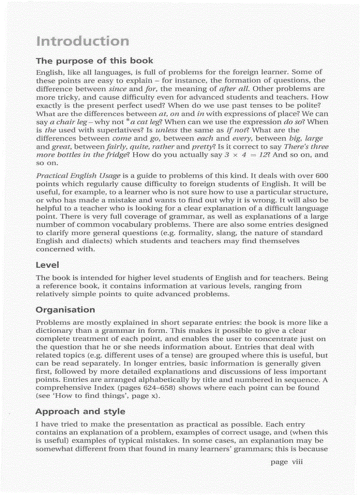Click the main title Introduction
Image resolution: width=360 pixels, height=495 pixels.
click(x=82, y=41)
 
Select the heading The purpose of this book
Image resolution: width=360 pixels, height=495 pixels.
click(x=94, y=61)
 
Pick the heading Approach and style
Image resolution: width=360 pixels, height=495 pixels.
click(x=80, y=412)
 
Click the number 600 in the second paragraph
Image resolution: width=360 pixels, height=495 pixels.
click(x=321, y=175)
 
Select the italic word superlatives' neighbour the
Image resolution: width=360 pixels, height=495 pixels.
click(x=49, y=130)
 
